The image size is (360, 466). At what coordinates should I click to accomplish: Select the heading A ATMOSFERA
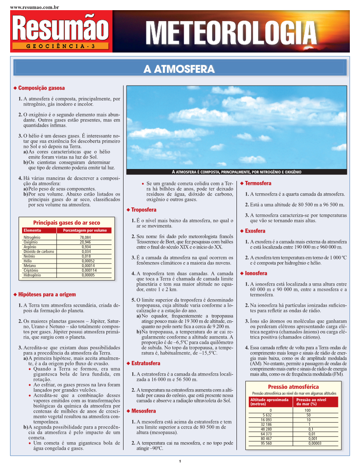pyautogui.click(x=179, y=69)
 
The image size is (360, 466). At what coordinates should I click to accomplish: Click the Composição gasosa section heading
pyautogui.click(x=41, y=88)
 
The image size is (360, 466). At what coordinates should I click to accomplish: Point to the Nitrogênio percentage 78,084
pyautogui.click(x=85, y=237)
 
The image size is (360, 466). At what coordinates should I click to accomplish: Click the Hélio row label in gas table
pyautogui.click(x=28, y=261)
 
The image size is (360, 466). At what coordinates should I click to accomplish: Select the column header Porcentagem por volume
pyautogui.click(x=85, y=230)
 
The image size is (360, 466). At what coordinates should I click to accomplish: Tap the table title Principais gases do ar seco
pyautogui.click(x=67, y=223)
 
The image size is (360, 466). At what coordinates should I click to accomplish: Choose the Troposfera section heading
pyautogui.click(x=144, y=210)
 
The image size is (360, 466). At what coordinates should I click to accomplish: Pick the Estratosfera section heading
pyautogui.click(x=146, y=363)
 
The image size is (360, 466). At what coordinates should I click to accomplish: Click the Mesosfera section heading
pyautogui.click(x=143, y=411)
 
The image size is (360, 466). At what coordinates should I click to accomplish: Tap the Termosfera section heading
pyautogui.click(x=258, y=183)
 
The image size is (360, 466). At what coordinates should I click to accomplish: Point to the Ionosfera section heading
pyautogui.click(x=256, y=274)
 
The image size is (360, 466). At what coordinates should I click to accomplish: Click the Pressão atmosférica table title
pyautogui.click(x=293, y=387)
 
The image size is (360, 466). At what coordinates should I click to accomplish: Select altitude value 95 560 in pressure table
pyautogui.click(x=266, y=443)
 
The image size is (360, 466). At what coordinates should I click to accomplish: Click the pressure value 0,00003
pyautogui.click(x=315, y=443)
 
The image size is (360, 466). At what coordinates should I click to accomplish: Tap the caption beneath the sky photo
pyautogui.click(x=236, y=172)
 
